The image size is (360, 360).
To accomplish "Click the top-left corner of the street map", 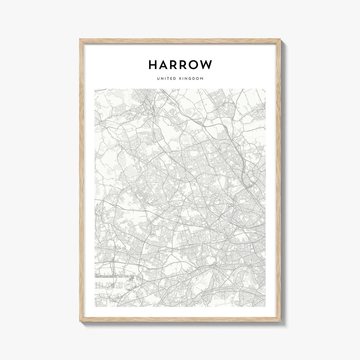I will (x=95, y=89).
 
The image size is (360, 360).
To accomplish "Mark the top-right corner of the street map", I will (x=266, y=89).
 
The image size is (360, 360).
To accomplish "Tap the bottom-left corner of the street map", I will (x=95, y=306).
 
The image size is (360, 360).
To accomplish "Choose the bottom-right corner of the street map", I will (x=266, y=306).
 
